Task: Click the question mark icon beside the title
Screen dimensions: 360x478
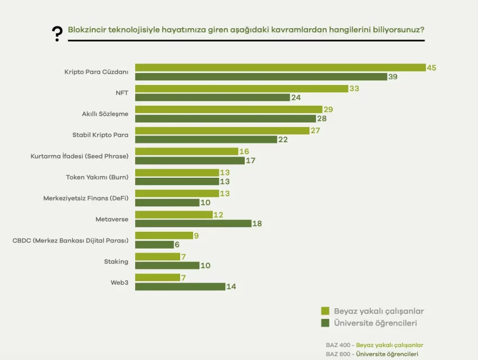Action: [x=57, y=34]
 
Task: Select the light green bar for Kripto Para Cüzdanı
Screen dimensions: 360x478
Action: [x=280, y=67]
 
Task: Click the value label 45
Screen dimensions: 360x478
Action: [x=431, y=67]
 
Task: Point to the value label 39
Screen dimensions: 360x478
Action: [x=392, y=76]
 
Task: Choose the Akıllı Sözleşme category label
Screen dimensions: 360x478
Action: [x=105, y=114]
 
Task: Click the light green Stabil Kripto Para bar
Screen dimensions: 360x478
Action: [x=222, y=130]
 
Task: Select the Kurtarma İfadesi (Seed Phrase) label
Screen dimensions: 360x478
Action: [x=79, y=156]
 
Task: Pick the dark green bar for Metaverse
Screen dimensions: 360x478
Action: [x=193, y=223]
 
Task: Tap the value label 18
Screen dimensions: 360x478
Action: [x=257, y=223]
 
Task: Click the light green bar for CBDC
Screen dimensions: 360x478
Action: [x=164, y=236]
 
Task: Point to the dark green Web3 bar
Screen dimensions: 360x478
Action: [x=180, y=286]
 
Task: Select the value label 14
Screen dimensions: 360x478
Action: [x=231, y=287]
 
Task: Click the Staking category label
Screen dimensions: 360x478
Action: [x=116, y=261]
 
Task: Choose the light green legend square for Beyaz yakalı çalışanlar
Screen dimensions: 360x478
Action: [x=325, y=311]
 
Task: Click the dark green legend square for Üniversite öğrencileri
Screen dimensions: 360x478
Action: [x=325, y=323]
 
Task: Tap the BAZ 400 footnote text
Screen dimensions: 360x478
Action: [x=374, y=345]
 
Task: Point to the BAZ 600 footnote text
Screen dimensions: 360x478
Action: [x=372, y=354]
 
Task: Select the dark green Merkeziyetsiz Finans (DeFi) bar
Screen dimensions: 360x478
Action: [x=167, y=202]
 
